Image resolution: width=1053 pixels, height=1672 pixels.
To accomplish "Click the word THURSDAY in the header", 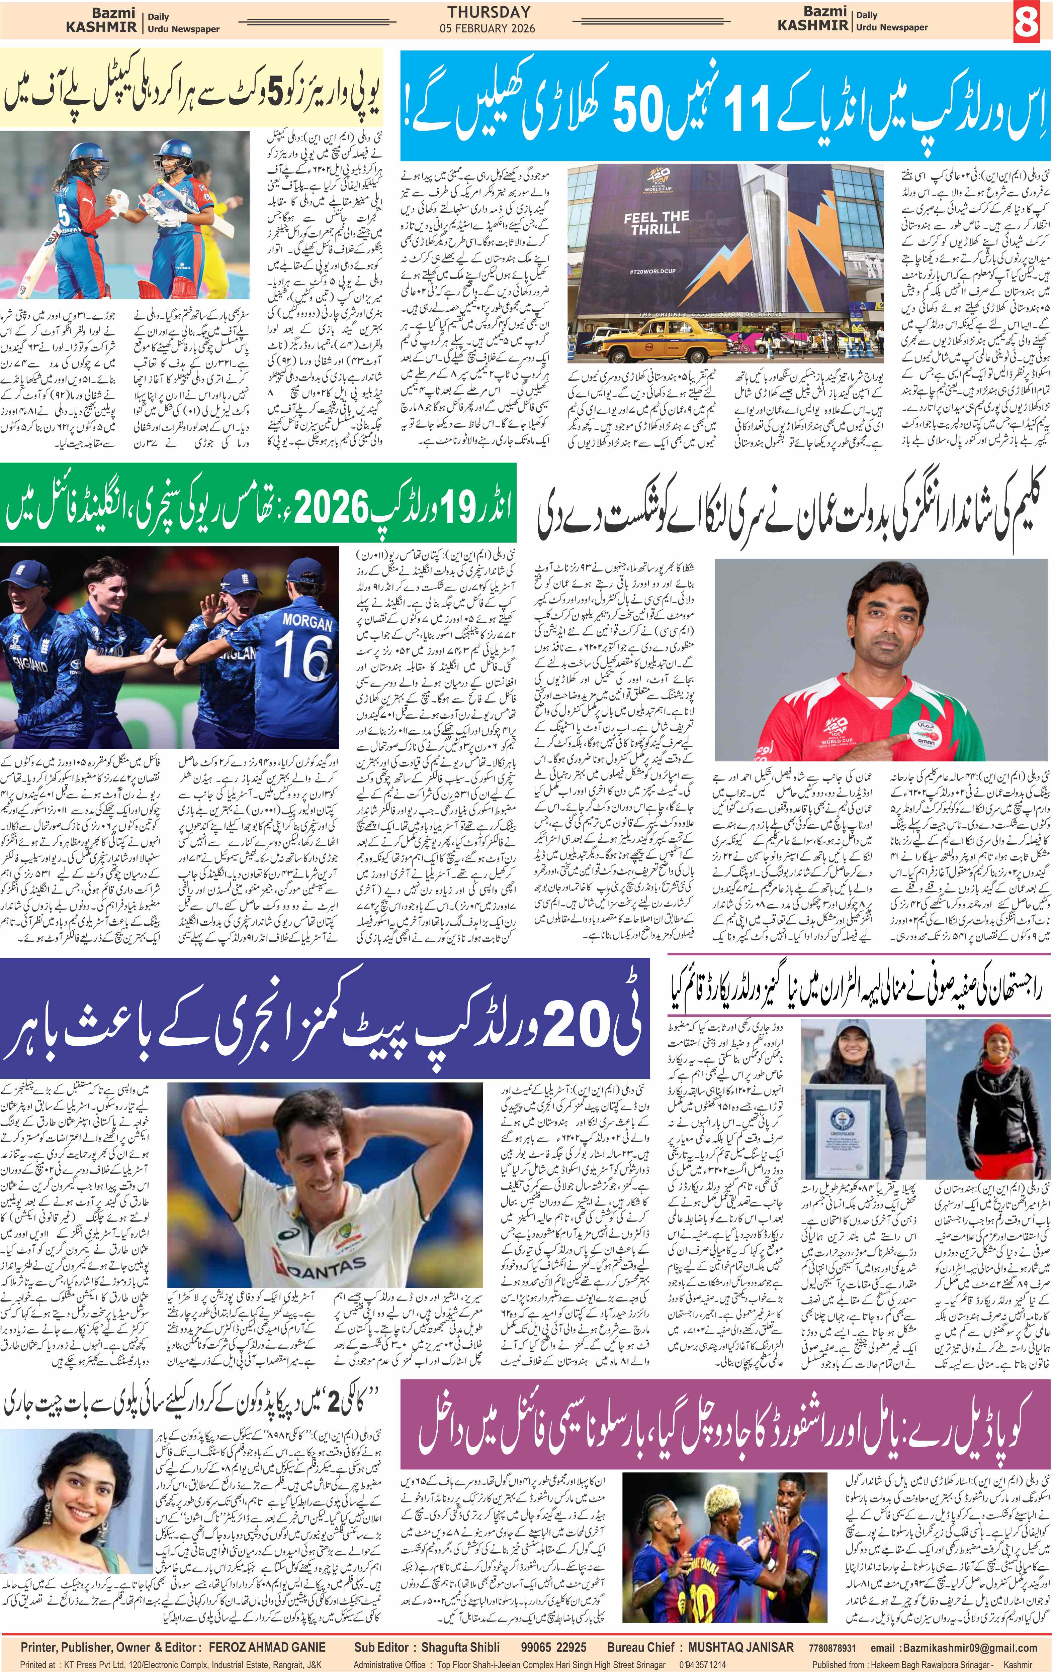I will point(488,12).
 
